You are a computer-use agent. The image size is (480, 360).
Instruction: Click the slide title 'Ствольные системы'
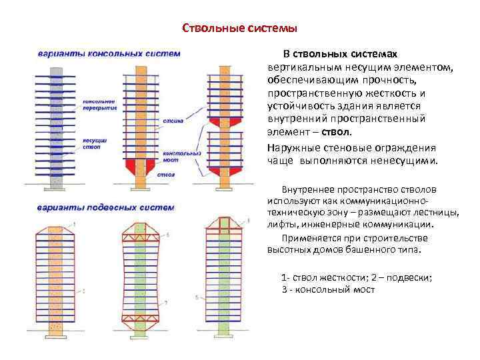pyautogui.click(x=239, y=29)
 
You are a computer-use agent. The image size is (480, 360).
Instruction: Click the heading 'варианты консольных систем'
pyautogui.click(x=109, y=53)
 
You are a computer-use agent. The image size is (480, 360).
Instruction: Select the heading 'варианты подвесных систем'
pyautogui.click(x=106, y=207)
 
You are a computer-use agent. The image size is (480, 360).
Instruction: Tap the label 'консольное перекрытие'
pyautogui.click(x=99, y=104)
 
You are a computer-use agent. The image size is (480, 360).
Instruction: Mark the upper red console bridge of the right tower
pyautogui.click(x=221, y=123)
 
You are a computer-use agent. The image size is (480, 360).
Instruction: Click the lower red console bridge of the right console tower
pyautogui.click(x=221, y=170)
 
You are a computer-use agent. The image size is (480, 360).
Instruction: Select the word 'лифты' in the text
pyautogui.click(x=279, y=225)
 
